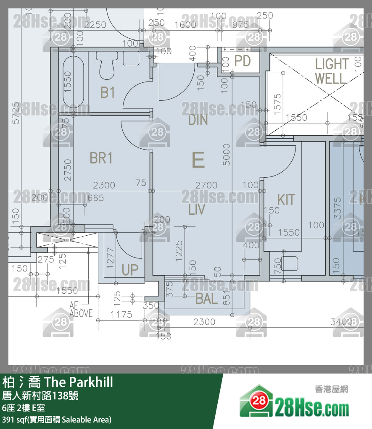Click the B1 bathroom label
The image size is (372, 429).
(108, 92)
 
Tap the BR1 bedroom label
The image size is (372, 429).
(101, 158)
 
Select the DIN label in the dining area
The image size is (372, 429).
(198, 120)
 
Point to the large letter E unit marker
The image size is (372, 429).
(198, 160)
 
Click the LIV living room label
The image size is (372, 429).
(197, 209)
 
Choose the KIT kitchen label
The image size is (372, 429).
(286, 200)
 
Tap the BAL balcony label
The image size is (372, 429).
(206, 299)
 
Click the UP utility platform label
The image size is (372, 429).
(130, 270)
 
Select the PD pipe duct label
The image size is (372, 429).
(242, 61)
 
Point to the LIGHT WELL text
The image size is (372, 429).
(332, 71)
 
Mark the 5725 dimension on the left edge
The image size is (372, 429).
(16, 113)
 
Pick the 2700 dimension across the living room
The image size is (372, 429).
(206, 185)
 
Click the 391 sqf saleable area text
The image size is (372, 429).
(57, 419)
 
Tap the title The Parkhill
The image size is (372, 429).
(79, 382)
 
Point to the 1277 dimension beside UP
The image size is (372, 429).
(111, 257)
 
